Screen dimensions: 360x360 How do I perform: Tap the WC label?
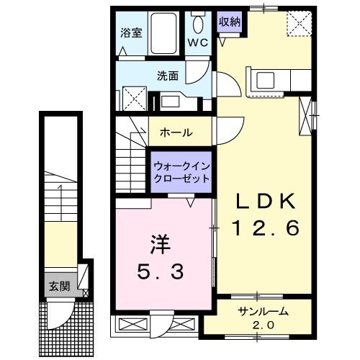198,42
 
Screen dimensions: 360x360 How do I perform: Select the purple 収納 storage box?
230,22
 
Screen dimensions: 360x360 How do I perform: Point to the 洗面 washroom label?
168,73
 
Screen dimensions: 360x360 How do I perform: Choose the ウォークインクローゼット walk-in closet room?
181,173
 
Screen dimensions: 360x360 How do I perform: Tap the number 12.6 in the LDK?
264,229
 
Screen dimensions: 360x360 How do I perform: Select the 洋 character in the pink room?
160,245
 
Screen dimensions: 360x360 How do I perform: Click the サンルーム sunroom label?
264,312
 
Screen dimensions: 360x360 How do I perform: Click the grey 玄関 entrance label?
60,286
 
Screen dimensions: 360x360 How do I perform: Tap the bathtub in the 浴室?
166,34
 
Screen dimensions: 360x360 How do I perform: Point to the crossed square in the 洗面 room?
132,96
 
